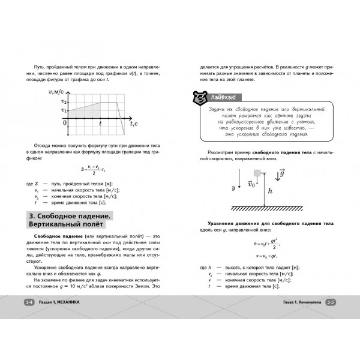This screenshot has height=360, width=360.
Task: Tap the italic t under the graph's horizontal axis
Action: coord(100,123)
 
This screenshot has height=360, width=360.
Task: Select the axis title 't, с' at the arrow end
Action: coord(136,123)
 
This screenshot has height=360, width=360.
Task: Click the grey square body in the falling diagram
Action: coord(257,173)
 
